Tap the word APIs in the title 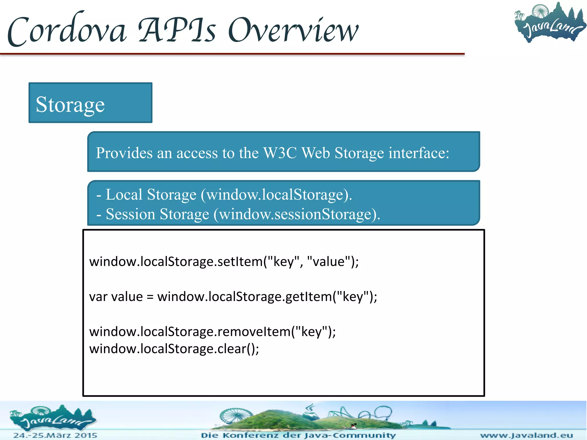(177, 30)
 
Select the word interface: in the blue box (419, 153)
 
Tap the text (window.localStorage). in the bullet (276, 195)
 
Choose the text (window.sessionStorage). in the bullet (297, 214)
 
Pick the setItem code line (224, 262)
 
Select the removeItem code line (212, 332)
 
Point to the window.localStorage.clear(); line (174, 349)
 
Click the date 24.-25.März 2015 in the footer (55, 435)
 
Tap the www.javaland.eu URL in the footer (527, 435)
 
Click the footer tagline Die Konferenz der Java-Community (298, 435)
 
